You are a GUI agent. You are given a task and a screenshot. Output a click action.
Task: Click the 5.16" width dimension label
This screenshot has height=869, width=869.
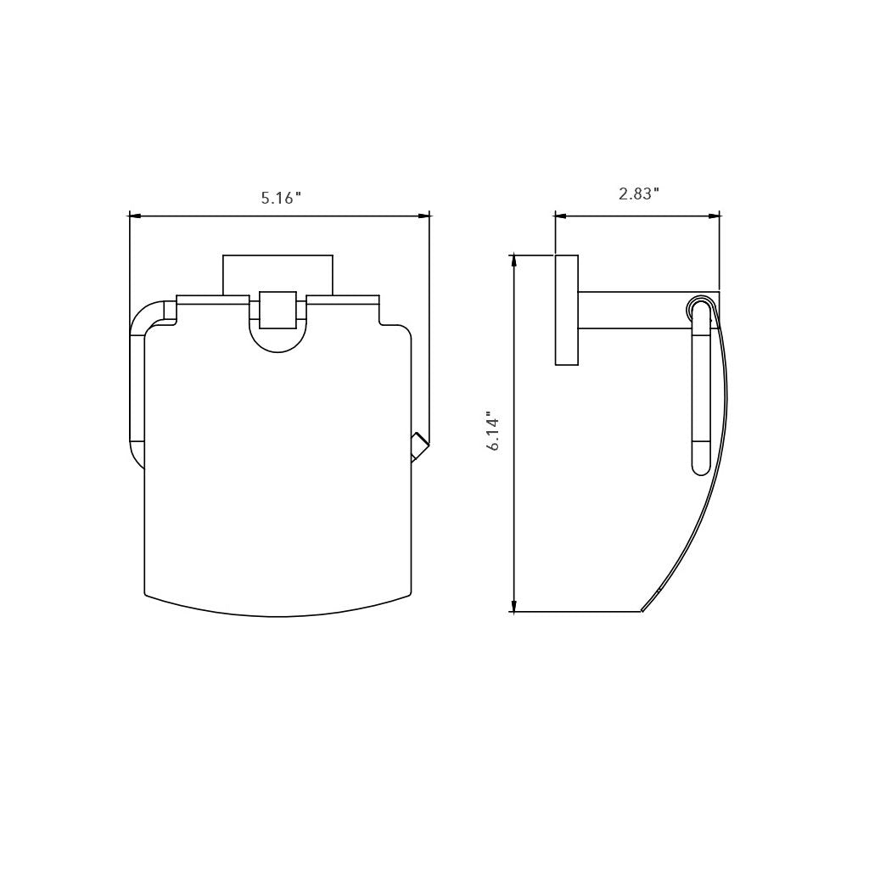pyautogui.click(x=281, y=197)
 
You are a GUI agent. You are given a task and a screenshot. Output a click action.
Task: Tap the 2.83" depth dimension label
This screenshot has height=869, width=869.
pyautogui.click(x=638, y=194)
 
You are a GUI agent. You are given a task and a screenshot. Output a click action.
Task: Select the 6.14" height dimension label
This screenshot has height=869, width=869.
pyautogui.click(x=494, y=430)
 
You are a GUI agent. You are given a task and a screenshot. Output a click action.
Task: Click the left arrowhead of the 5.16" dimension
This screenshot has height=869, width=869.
pyautogui.click(x=133, y=216)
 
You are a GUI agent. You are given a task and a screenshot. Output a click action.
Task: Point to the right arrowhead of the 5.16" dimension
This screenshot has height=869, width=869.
pyautogui.click(x=424, y=216)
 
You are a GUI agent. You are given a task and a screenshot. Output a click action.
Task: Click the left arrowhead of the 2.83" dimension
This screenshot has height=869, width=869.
pyautogui.click(x=560, y=216)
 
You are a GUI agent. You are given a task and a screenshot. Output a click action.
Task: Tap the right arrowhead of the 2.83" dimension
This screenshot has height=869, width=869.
pyautogui.click(x=714, y=216)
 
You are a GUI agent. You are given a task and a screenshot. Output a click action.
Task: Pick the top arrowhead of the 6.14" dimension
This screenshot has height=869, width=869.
pyautogui.click(x=515, y=260)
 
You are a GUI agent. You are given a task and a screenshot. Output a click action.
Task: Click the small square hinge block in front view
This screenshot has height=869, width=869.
pyautogui.click(x=278, y=311)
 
